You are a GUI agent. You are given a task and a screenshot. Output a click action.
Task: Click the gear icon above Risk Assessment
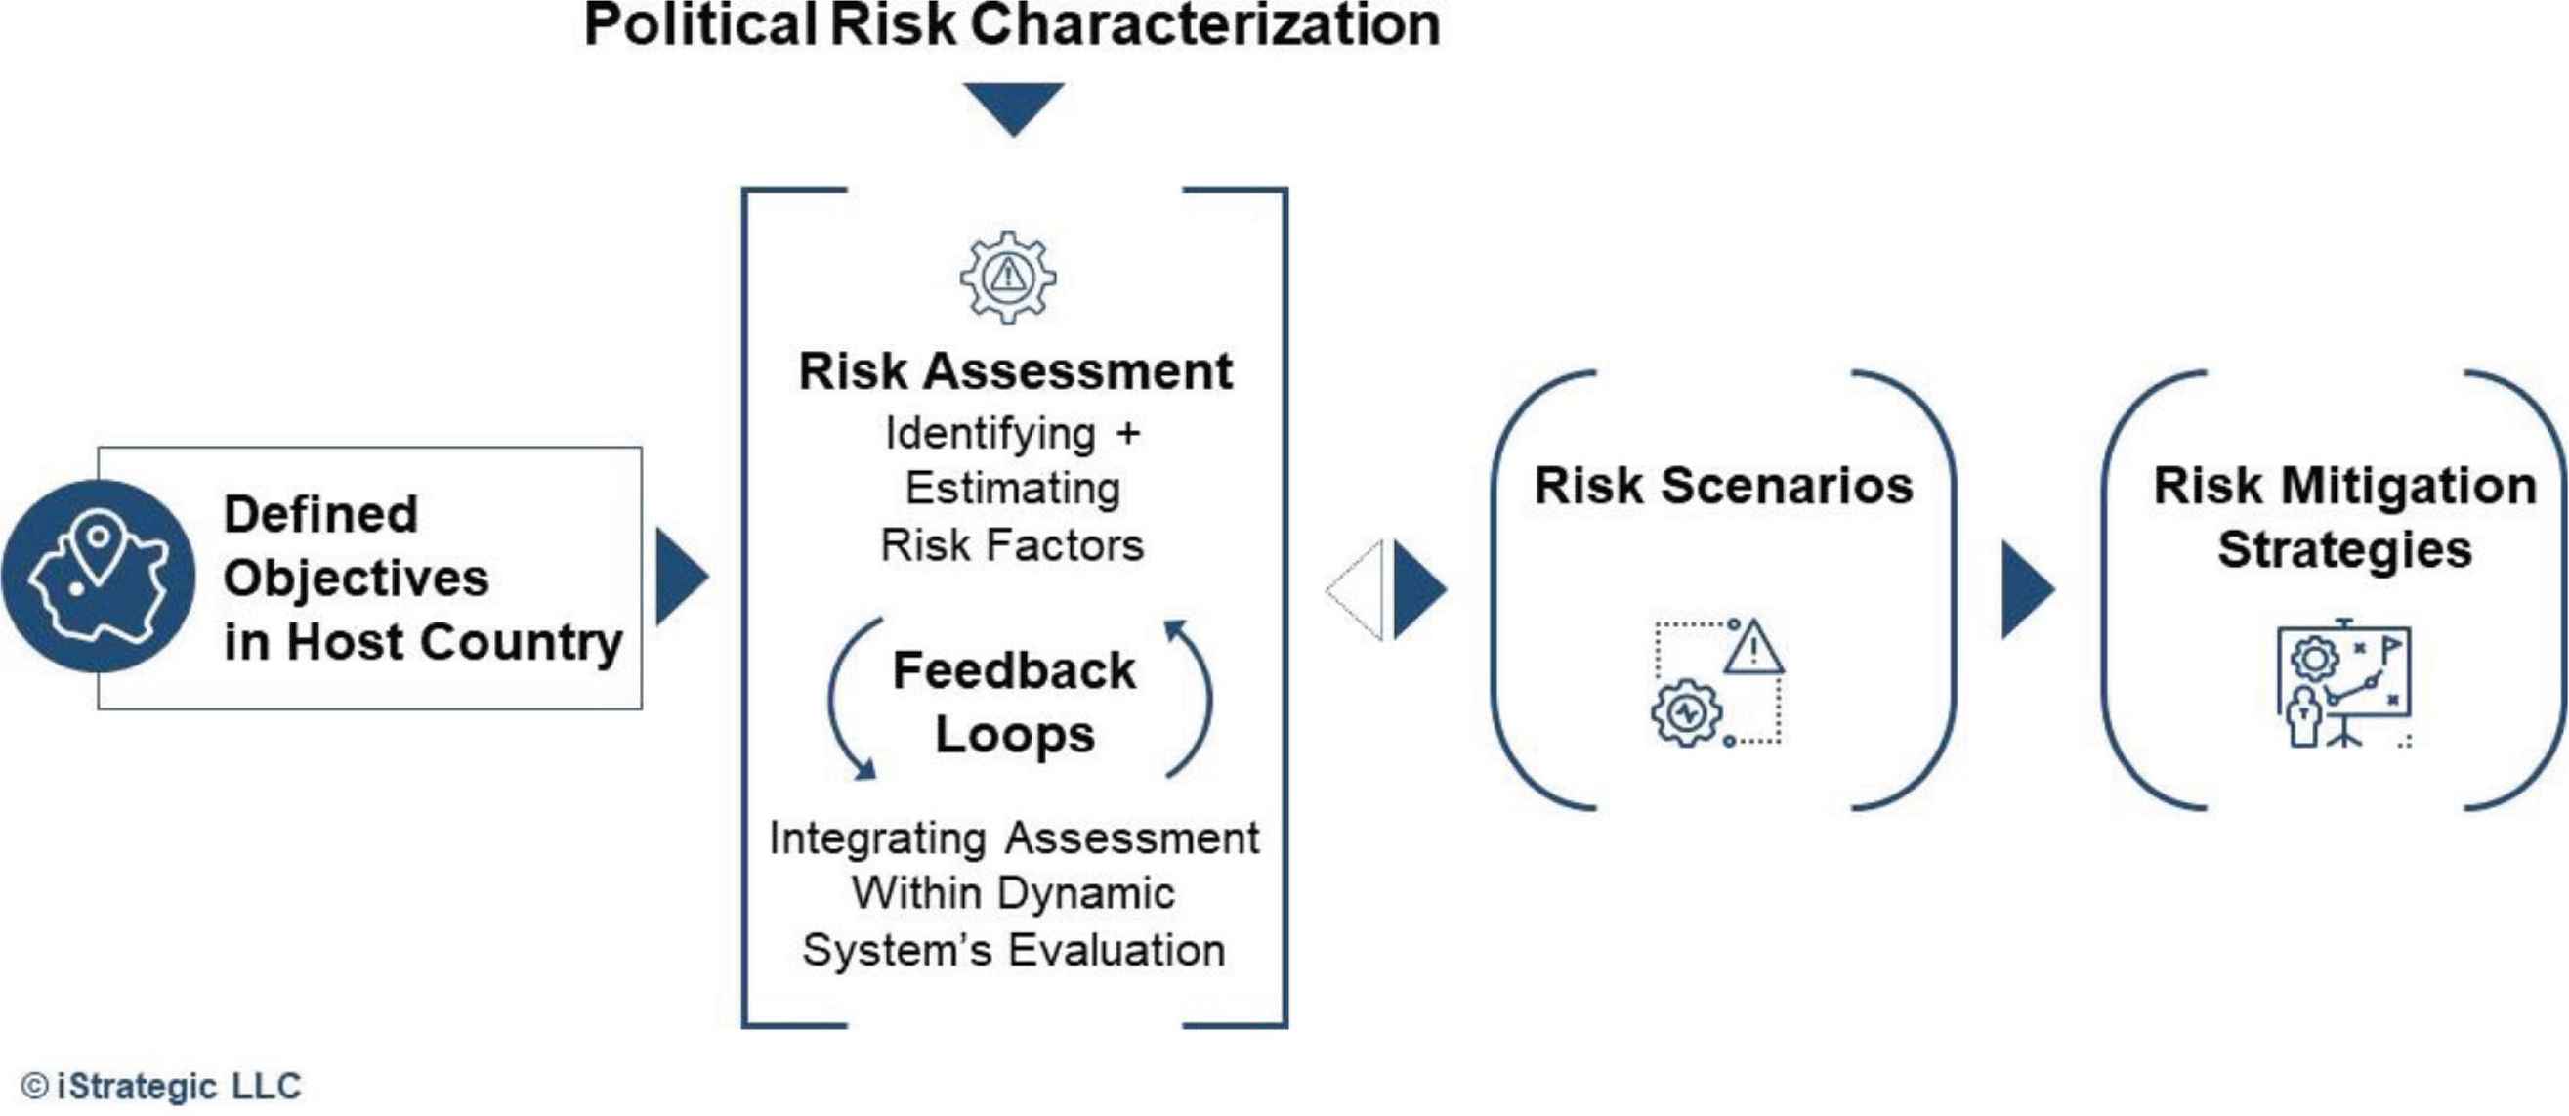[1008, 277]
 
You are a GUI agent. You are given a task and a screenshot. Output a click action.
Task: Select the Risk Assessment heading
[1015, 371]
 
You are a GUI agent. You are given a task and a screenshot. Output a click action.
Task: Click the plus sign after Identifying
[1128, 434]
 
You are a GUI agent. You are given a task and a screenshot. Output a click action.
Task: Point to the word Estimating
[1012, 489]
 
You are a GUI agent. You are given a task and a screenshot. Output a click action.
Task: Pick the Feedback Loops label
[1014, 702]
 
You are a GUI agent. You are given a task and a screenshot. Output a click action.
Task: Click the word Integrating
[877, 839]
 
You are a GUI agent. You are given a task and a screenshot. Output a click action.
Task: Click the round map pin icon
[99, 576]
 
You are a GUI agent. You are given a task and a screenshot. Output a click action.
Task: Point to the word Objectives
[356, 578]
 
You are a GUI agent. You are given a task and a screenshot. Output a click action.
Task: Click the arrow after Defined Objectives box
[683, 578]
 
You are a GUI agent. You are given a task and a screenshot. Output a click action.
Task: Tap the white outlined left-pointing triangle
[1354, 590]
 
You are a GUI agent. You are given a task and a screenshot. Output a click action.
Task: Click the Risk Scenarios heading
[1723, 486]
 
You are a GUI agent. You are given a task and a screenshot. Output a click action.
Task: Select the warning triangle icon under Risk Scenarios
[1753, 645]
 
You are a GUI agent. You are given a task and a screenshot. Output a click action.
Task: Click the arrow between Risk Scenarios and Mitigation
[2029, 590]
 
